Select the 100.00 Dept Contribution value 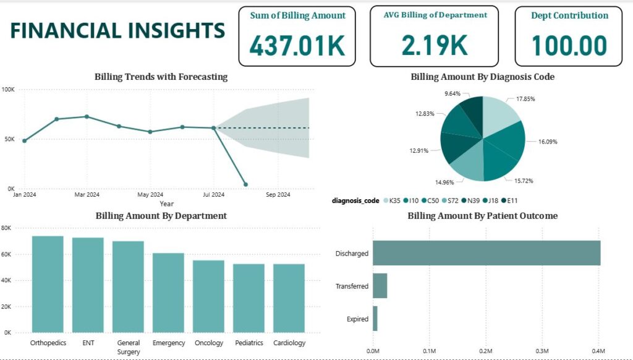point(569,46)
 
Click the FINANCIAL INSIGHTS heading point(117,31)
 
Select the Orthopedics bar point(48,284)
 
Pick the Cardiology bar point(289,298)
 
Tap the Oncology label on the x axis point(208,343)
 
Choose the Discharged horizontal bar point(486,253)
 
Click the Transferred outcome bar point(380,286)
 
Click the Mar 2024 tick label point(87,195)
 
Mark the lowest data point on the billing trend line point(245,184)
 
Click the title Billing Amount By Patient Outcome point(483,216)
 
